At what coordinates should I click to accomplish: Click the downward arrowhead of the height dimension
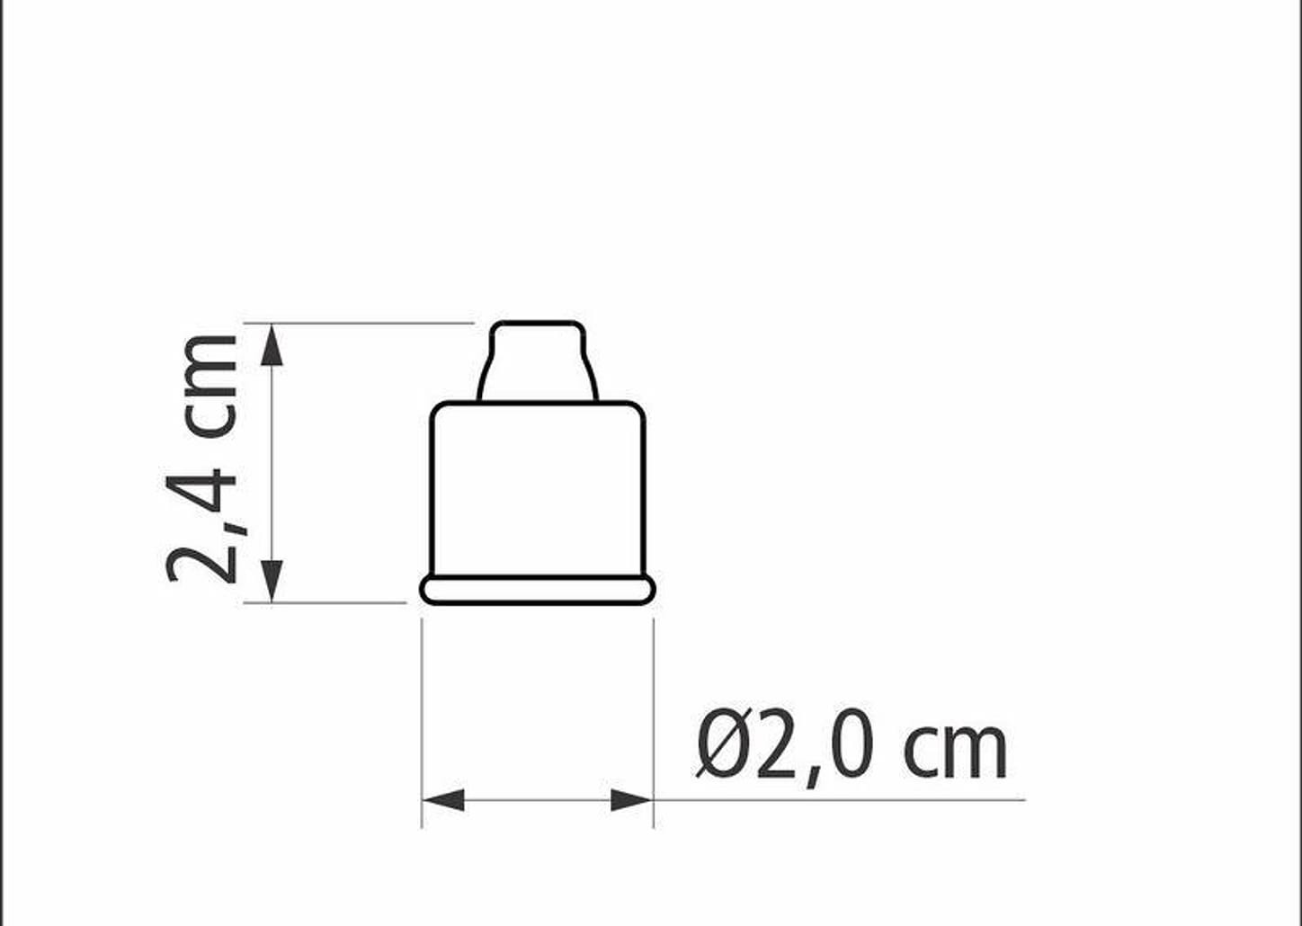point(272,581)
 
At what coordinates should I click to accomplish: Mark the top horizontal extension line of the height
point(360,322)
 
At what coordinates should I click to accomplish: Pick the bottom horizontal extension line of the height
point(324,602)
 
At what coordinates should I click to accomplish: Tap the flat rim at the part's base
point(538,590)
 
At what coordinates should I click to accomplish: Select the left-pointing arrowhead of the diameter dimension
point(442,799)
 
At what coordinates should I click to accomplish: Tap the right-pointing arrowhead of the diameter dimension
point(632,799)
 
